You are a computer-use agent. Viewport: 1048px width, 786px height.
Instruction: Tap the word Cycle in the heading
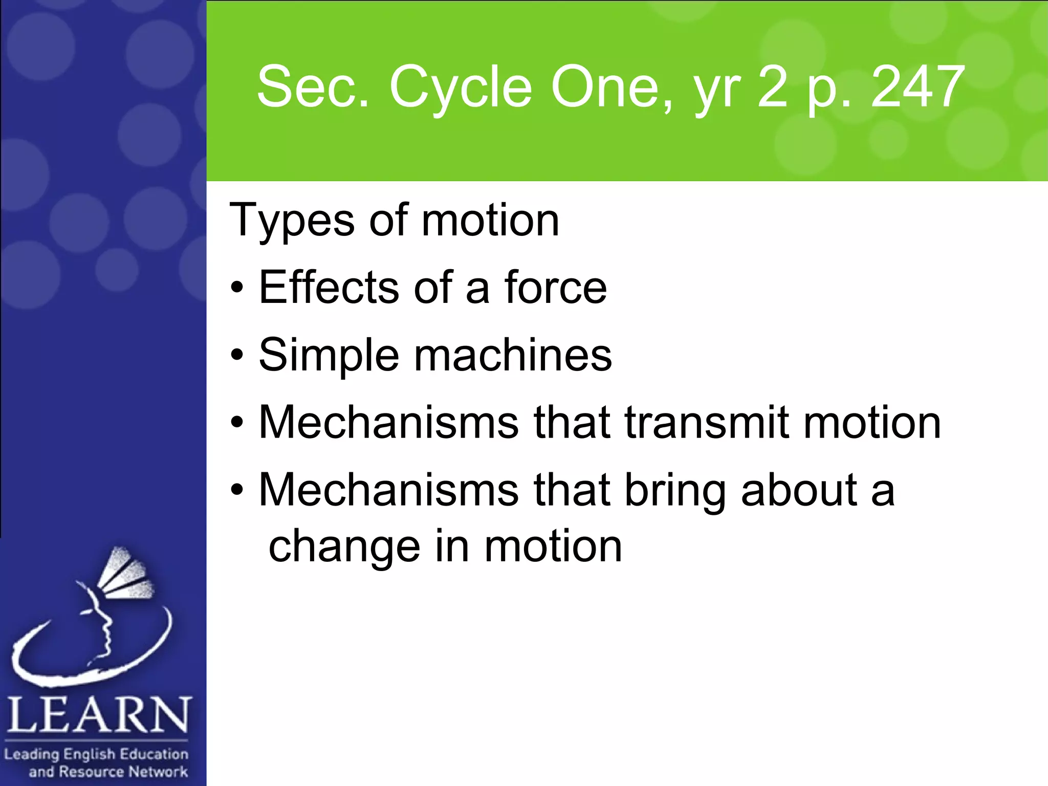coord(461,88)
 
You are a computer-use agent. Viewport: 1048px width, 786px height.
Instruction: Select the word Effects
coord(329,287)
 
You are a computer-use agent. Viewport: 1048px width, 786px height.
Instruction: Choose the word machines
coord(513,355)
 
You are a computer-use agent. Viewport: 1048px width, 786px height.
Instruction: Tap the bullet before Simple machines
coord(236,355)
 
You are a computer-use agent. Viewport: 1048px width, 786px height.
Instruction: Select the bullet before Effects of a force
coord(236,288)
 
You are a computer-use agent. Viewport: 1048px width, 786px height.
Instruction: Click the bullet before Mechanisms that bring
coord(236,490)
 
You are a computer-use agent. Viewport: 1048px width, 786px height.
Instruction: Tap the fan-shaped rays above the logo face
coord(125,573)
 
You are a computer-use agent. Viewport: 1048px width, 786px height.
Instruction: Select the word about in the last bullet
coord(798,490)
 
